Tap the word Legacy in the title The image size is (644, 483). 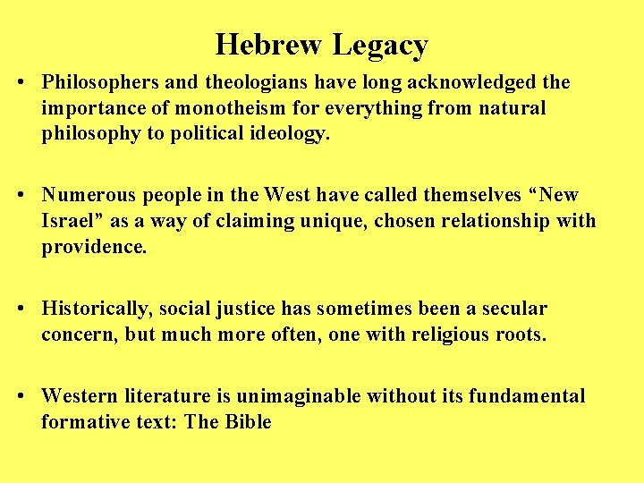click(380, 45)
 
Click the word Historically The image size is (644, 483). click(97, 309)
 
